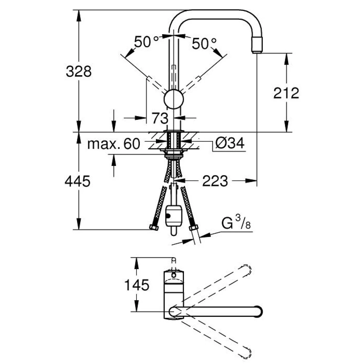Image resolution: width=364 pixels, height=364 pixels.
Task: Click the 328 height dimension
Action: pyautogui.click(x=79, y=72)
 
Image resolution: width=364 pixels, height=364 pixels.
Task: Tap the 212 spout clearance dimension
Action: pyautogui.click(x=286, y=93)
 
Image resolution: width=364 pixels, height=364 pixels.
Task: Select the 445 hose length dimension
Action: pyautogui.click(x=77, y=181)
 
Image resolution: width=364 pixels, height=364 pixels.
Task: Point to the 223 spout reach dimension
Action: pyautogui.click(x=215, y=181)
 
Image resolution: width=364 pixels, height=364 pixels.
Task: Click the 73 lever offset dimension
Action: pyautogui.click(x=160, y=118)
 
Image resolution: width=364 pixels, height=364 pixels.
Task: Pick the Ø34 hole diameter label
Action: pyautogui.click(x=230, y=143)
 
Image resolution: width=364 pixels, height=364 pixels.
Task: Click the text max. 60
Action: pyautogui.click(x=114, y=144)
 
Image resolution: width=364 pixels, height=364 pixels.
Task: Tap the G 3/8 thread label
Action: pyautogui.click(x=236, y=223)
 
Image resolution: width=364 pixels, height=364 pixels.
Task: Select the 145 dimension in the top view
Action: pyautogui.click(x=137, y=285)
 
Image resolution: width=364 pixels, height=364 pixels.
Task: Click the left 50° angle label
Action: pyautogui.click(x=146, y=42)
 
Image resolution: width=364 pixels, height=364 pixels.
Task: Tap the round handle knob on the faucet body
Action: pyautogui.click(x=174, y=99)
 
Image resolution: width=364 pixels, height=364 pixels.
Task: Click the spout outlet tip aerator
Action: pyautogui.click(x=257, y=45)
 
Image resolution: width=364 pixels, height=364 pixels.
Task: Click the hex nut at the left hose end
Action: pyautogui.click(x=154, y=227)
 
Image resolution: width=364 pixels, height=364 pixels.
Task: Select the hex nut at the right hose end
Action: pyautogui.click(x=194, y=227)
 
